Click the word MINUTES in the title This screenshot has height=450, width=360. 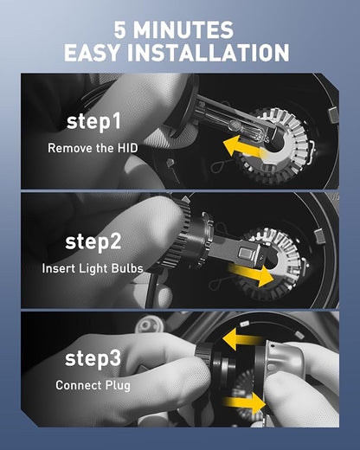(183, 30)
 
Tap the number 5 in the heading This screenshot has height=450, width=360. (119, 30)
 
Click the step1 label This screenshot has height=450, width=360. (93, 122)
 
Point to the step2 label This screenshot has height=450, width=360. (93, 242)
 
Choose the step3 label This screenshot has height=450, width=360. (93, 358)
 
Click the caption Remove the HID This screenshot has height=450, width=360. (93, 148)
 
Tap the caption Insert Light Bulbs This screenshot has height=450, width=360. (93, 268)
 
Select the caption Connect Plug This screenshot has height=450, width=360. (93, 385)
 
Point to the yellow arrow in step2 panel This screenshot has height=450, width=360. (250, 274)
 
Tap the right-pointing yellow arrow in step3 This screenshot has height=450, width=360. (245, 403)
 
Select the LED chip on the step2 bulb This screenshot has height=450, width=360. (247, 253)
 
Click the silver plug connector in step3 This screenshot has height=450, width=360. (284, 357)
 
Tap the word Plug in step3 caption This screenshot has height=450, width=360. (118, 386)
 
